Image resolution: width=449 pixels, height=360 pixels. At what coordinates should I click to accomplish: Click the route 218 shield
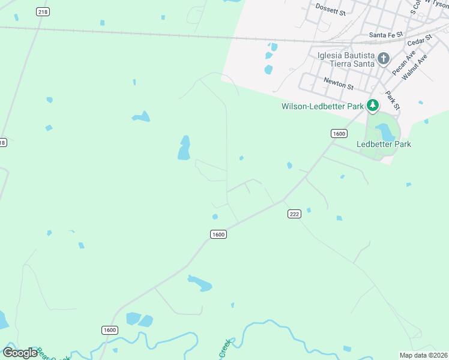[x=43, y=11]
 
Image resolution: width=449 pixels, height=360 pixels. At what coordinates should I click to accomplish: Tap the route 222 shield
[x=294, y=214]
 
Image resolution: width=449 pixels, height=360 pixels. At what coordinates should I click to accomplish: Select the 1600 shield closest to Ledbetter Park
[x=339, y=133]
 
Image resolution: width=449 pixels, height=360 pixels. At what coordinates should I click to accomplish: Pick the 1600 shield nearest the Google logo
[x=109, y=330]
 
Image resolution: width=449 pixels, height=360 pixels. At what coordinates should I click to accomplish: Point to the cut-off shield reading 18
[x=3, y=142]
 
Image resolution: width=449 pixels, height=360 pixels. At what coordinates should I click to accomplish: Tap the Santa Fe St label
[x=385, y=35]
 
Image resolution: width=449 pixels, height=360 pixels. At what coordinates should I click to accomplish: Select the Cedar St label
[x=420, y=41]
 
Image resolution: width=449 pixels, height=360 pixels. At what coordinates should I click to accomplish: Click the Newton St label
[x=338, y=83]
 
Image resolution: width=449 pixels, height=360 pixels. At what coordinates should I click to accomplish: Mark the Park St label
[x=393, y=100]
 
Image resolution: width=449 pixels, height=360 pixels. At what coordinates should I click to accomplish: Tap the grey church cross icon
[x=384, y=59]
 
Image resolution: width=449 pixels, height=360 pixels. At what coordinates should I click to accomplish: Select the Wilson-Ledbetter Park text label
[x=323, y=106]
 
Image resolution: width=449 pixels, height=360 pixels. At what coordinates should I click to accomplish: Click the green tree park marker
[x=373, y=106]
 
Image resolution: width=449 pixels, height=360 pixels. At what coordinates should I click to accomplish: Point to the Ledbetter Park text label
[x=384, y=144]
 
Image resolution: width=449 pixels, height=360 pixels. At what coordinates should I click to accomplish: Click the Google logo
[x=20, y=353]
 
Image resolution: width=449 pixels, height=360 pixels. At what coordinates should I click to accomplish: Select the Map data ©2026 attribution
[x=423, y=355]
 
